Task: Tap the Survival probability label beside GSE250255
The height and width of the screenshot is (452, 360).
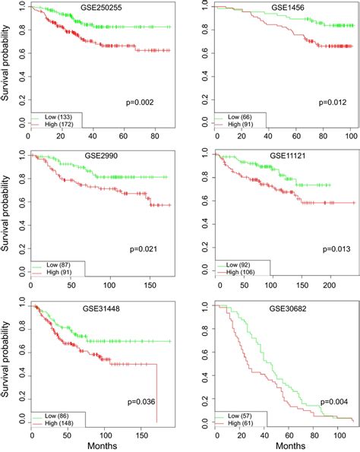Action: click(x=7, y=65)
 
